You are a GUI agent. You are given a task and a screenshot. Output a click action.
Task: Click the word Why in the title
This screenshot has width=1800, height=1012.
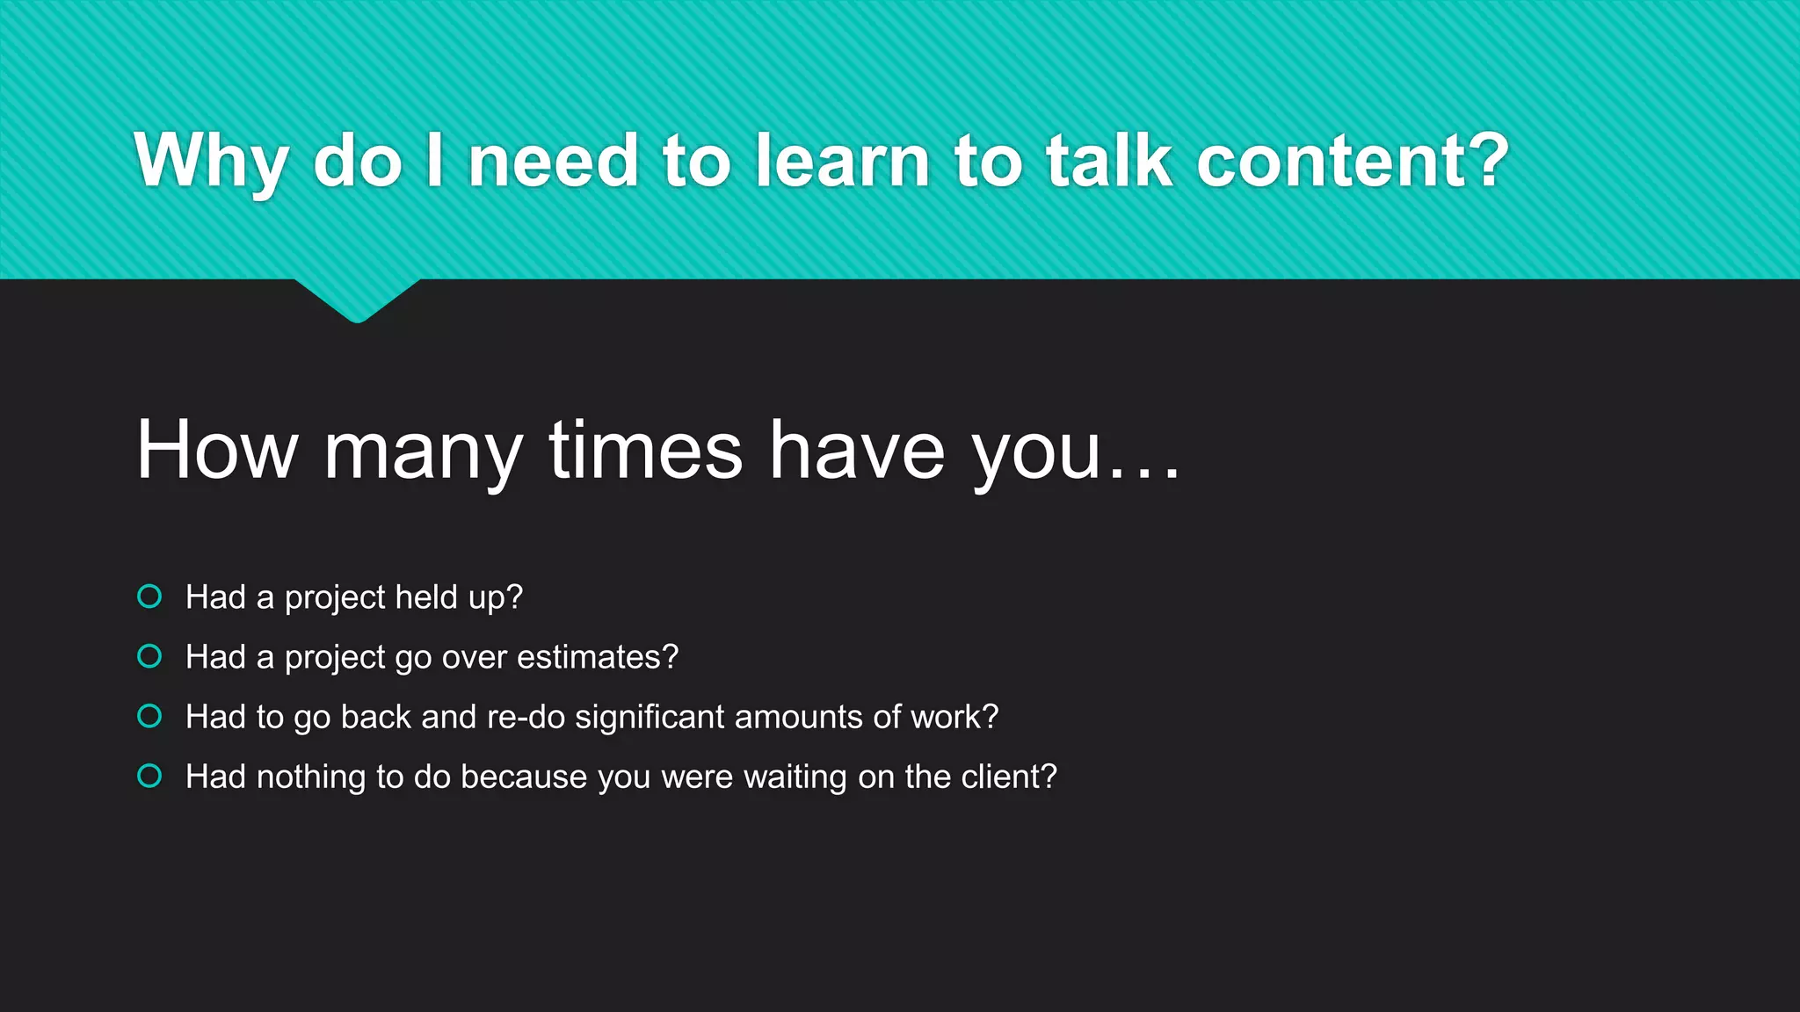pyautogui.click(x=211, y=162)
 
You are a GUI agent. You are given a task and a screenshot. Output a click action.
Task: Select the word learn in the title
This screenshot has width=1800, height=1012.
pyautogui.click(x=842, y=160)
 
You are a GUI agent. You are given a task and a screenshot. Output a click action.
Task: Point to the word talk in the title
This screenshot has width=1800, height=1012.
pyautogui.click(x=1108, y=160)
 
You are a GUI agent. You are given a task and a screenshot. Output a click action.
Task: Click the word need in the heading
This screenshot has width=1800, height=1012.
pyautogui.click(x=553, y=160)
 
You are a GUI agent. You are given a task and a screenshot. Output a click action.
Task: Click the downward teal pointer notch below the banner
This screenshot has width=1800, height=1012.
pyautogui.click(x=357, y=300)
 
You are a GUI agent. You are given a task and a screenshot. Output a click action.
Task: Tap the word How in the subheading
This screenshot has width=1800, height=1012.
pyautogui.click(x=216, y=450)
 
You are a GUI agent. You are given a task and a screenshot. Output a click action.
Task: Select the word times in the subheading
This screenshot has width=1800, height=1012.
pyautogui.click(x=646, y=450)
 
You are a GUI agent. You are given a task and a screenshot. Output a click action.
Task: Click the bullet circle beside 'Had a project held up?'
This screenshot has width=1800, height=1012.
pyautogui.click(x=150, y=596)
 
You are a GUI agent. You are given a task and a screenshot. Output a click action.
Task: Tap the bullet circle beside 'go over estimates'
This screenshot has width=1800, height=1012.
pyautogui.click(x=150, y=656)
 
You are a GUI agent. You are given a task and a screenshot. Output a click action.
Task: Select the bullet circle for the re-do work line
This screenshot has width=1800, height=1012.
pyautogui.click(x=150, y=716)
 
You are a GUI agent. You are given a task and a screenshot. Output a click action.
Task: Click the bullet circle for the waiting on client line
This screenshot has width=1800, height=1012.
pyautogui.click(x=150, y=776)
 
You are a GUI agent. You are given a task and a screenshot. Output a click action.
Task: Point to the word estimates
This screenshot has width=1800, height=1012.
pyautogui.click(x=597, y=657)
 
